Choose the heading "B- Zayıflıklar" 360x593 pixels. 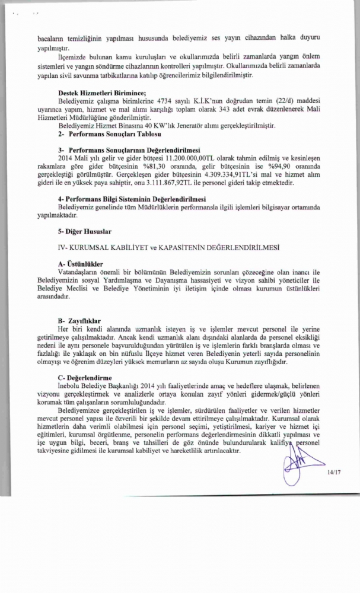pos(79,320)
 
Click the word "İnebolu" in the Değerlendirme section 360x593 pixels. pos(70,385)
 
